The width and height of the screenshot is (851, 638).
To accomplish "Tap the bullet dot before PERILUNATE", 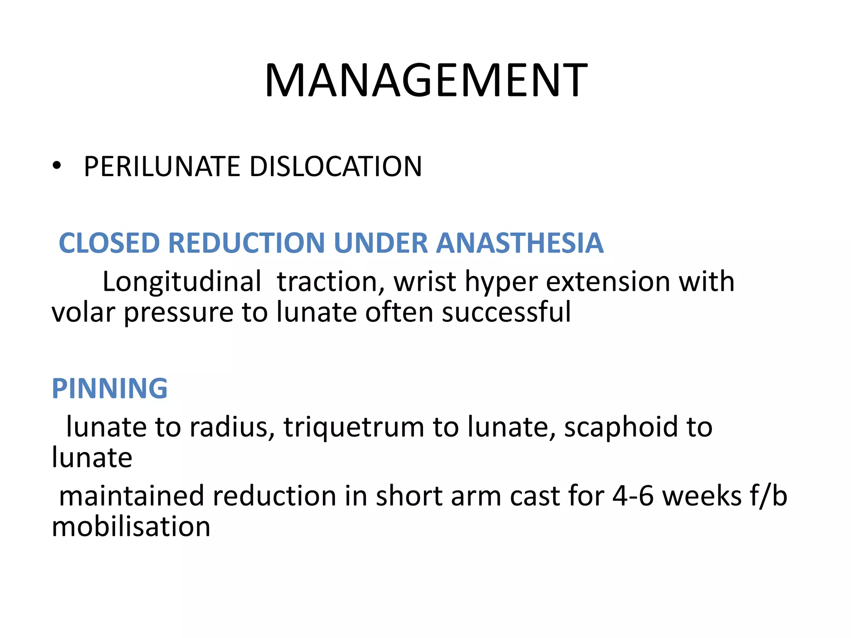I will tap(57, 166).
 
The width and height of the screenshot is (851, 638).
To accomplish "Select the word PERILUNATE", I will tap(162, 167).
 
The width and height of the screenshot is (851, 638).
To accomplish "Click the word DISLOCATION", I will tap(335, 167).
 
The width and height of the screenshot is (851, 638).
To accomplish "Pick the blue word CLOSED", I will tap(109, 243).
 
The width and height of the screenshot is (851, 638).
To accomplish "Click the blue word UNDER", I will tap(380, 243).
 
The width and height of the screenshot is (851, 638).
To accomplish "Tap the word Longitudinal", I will tap(182, 282).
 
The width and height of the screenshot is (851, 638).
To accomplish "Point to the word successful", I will tap(506, 312).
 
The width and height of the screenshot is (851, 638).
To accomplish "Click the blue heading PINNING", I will tap(110, 389).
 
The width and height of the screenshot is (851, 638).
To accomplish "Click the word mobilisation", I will tap(131, 526).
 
